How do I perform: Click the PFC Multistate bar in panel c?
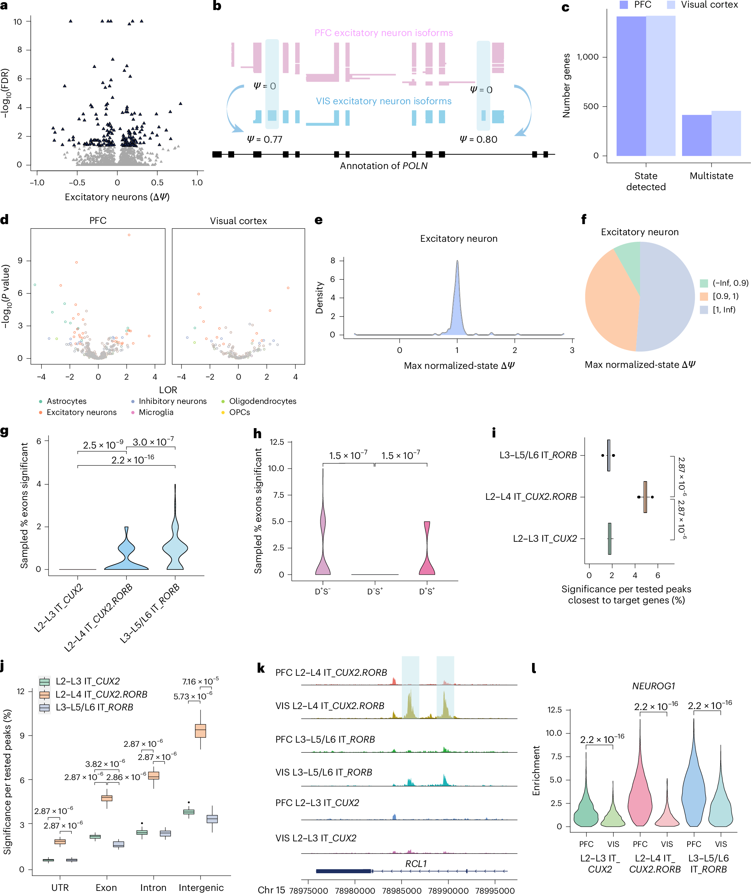click(x=697, y=135)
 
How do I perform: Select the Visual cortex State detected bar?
click(x=661, y=85)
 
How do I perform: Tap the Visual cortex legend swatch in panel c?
click(x=671, y=5)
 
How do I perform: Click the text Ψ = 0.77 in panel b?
click(x=264, y=139)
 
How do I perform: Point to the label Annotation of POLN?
click(x=383, y=166)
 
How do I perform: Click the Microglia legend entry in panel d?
click(x=156, y=412)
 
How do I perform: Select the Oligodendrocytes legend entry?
click(x=262, y=401)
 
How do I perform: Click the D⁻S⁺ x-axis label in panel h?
click(x=375, y=591)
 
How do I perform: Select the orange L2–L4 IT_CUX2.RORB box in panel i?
click(x=645, y=497)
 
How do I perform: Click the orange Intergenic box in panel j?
click(x=201, y=731)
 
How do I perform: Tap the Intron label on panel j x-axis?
click(x=153, y=887)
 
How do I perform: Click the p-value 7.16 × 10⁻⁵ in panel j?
click(x=201, y=681)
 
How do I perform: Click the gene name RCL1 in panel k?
click(x=416, y=864)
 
